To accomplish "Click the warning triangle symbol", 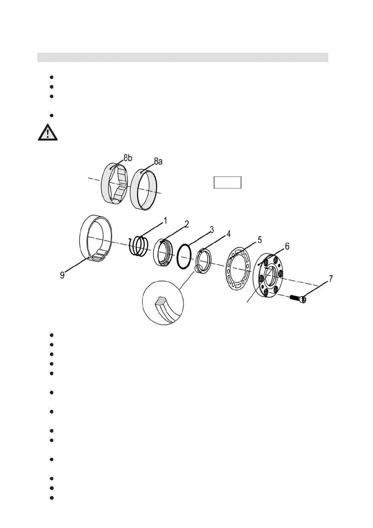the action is (48, 133).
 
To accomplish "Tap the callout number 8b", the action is (127, 158).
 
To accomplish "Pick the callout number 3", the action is (212, 230).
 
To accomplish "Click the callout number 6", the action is (287, 246).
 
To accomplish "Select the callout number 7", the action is (331, 279).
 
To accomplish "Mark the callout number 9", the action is (62, 275).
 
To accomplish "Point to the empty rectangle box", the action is (227, 182).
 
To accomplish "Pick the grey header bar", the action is (182, 57).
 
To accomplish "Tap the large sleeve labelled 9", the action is (96, 238).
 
